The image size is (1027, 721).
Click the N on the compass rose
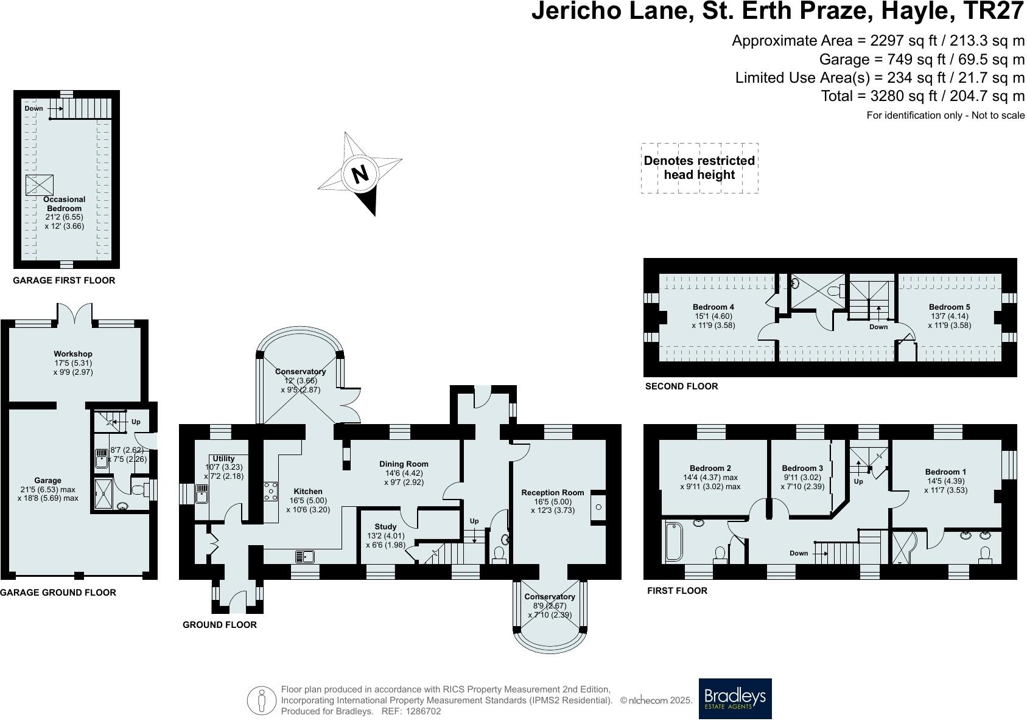pyautogui.click(x=360, y=174)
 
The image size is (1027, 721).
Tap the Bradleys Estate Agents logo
pyautogui.click(x=735, y=698)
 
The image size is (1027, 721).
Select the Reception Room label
pyautogui.click(x=553, y=492)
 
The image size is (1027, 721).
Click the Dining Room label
pyautogui.click(x=404, y=464)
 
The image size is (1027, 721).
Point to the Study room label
pyautogui.click(x=385, y=527)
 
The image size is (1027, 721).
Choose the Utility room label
pyautogui.click(x=224, y=458)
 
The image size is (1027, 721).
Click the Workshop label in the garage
pyautogui.click(x=73, y=354)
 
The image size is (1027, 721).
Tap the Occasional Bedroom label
pyautogui.click(x=64, y=203)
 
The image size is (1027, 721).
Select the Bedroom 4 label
pyautogui.click(x=713, y=307)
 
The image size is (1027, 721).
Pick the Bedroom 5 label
pyautogui.click(x=950, y=307)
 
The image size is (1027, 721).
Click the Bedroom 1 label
pyautogui.click(x=945, y=472)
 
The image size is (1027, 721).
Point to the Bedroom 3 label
pyautogui.click(x=802, y=468)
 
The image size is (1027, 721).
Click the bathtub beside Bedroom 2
pyautogui.click(x=673, y=542)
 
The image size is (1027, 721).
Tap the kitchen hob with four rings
pyautogui.click(x=270, y=491)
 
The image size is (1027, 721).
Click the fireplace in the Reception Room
pyautogui.click(x=598, y=506)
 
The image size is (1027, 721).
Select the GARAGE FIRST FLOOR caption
pyautogui.click(x=64, y=280)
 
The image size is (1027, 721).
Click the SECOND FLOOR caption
pyautogui.click(x=681, y=386)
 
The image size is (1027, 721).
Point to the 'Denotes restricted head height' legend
pyautogui.click(x=699, y=168)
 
